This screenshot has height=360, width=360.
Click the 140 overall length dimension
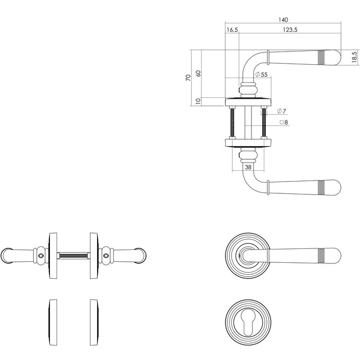tap(283, 20)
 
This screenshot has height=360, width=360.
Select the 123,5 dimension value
tap(290, 30)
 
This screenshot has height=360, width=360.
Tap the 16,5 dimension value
tap(232, 30)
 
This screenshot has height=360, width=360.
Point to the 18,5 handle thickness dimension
tap(354, 57)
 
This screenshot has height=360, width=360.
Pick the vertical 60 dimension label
tap(198, 73)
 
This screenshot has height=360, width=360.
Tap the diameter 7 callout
tap(281, 112)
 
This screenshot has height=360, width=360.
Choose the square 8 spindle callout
tap(283, 123)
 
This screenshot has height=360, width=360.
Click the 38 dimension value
tap(248, 167)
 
